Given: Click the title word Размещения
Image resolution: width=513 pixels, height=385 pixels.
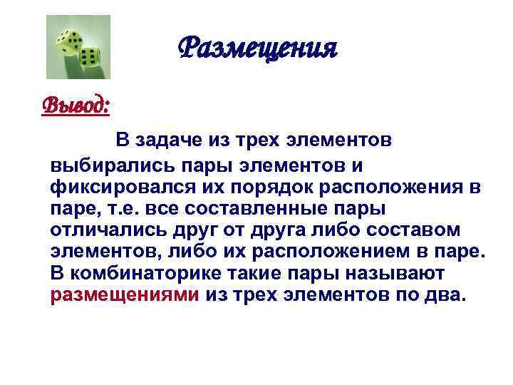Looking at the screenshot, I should (x=256, y=49).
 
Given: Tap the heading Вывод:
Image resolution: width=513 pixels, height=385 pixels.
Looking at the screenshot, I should (x=76, y=106).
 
